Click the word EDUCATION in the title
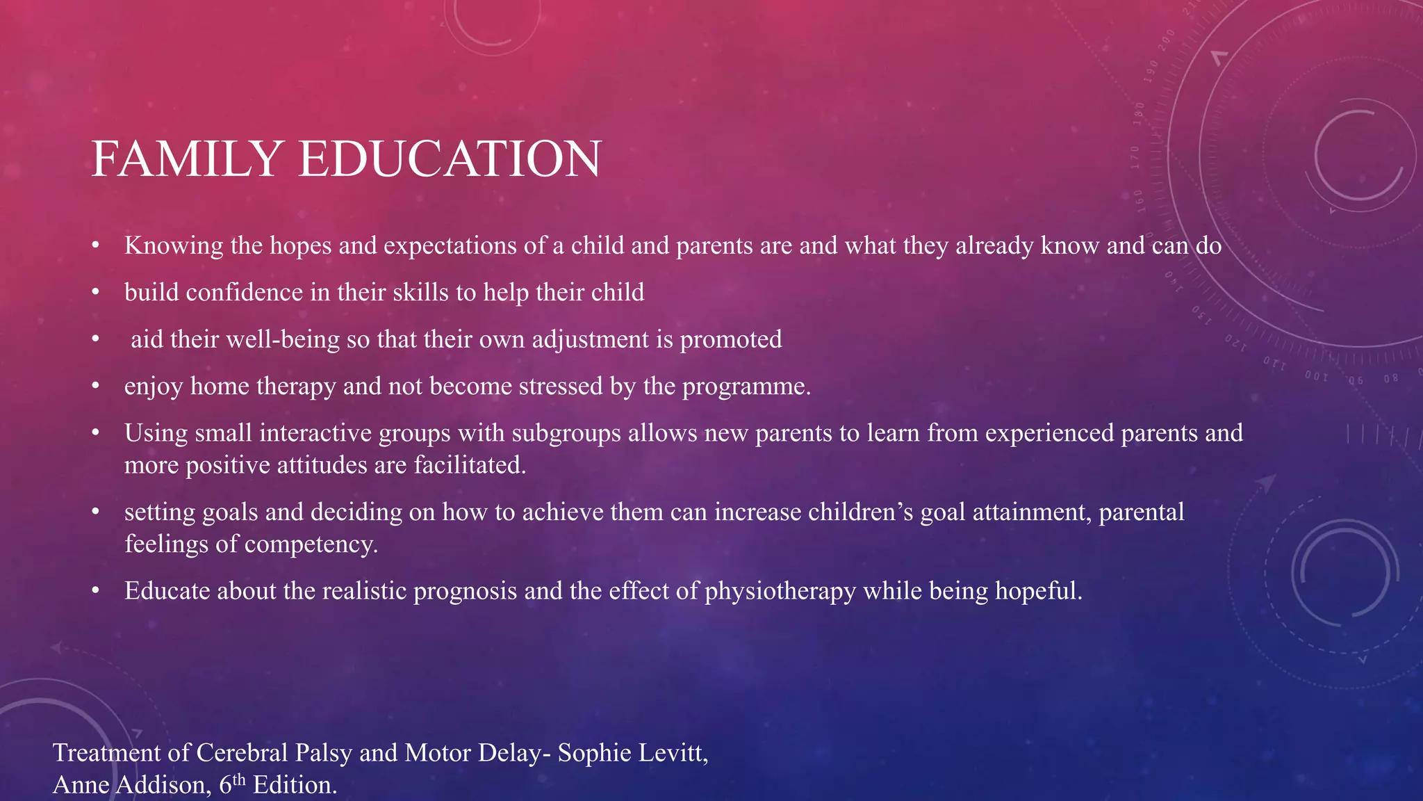coord(450,159)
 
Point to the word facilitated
coord(470,465)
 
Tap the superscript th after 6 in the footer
coord(239,779)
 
